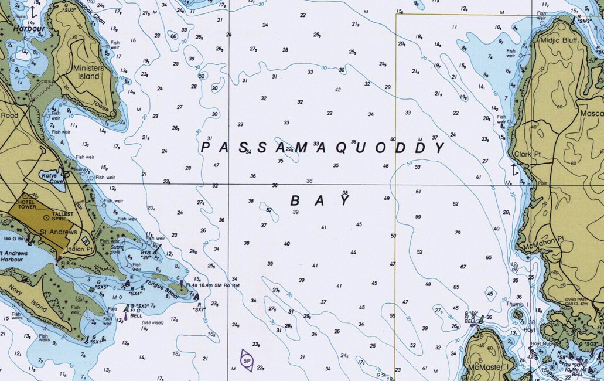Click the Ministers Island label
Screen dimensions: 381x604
(88, 72)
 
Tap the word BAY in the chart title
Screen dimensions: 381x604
(320, 200)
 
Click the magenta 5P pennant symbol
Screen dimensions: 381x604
(247, 360)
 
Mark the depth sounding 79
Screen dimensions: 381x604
(458, 233)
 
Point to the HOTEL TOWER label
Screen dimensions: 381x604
(27, 203)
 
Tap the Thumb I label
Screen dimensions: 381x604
(516, 304)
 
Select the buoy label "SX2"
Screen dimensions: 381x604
(199, 309)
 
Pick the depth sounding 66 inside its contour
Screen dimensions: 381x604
(173, 36)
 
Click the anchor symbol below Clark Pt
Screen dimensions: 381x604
(514, 170)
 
